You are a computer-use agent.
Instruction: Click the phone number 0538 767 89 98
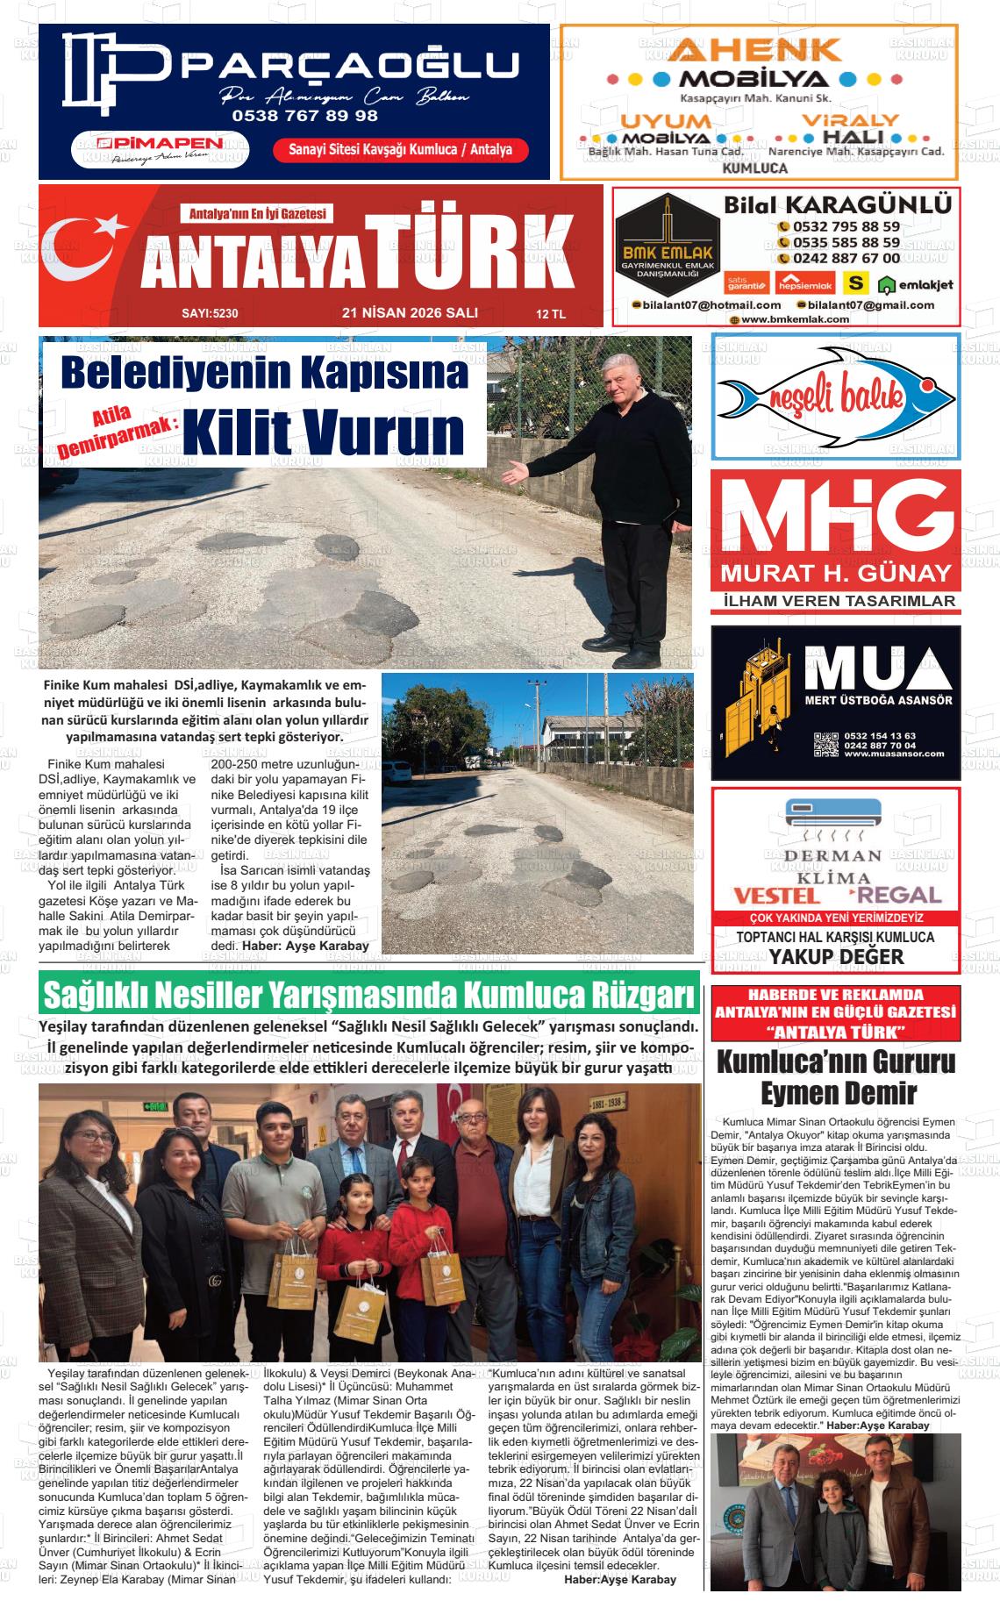click(x=304, y=115)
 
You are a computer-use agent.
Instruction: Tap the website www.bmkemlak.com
click(x=794, y=319)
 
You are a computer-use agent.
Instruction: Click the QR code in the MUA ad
click(x=825, y=744)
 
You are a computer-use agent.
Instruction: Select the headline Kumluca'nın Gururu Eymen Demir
click(x=835, y=1077)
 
